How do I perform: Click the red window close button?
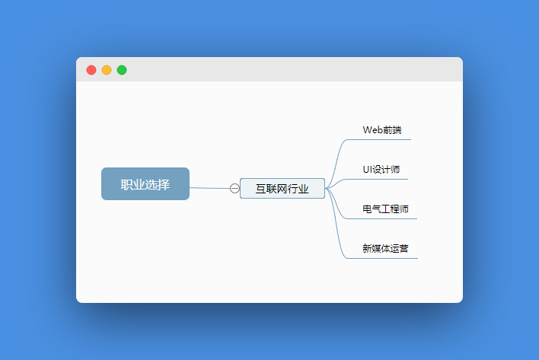click(x=91, y=70)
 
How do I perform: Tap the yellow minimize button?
click(x=107, y=70)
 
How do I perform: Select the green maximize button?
click(x=122, y=70)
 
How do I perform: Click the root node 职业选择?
click(x=145, y=184)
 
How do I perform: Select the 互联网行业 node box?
click(x=282, y=189)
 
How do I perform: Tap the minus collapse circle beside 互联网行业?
click(x=234, y=189)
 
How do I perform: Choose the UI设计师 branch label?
click(x=381, y=170)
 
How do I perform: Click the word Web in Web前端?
click(x=371, y=130)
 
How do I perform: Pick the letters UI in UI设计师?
click(x=366, y=170)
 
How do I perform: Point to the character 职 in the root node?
click(x=126, y=184)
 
